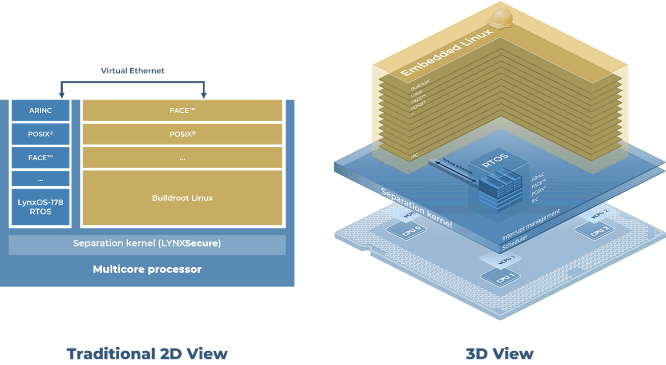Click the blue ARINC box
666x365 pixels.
point(40,110)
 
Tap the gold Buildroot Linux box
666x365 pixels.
point(182,198)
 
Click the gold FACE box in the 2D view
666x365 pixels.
point(182,110)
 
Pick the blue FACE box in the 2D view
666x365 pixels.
point(40,158)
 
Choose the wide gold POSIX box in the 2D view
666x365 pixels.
point(182,134)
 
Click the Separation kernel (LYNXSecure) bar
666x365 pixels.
point(147,244)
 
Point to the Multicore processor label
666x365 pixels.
point(147,270)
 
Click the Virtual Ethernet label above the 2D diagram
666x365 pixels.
point(133,71)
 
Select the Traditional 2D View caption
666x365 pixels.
point(147,354)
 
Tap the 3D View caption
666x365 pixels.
point(500,354)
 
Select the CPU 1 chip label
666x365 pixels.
point(499,277)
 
